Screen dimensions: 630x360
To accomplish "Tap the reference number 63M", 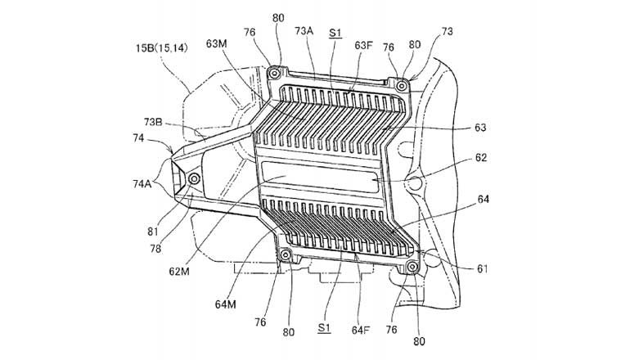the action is tap(217, 43).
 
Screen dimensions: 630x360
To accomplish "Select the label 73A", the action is tap(304, 31).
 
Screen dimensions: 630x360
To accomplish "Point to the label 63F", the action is tap(363, 45).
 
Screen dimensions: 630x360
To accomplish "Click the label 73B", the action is tap(153, 121).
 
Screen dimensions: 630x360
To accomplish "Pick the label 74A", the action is tap(142, 184).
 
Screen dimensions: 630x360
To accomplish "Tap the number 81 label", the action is tap(153, 232).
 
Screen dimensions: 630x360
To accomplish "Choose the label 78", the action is tap(155, 249).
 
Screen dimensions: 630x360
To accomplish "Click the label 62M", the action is tap(179, 272).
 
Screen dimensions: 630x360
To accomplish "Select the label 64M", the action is tap(225, 304).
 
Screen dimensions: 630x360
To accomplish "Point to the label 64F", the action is tap(361, 331).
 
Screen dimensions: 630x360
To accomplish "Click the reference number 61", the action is tap(482, 269).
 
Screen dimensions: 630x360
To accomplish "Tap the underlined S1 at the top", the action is tap(335, 33).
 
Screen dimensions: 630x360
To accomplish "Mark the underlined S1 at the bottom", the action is tap(324, 328).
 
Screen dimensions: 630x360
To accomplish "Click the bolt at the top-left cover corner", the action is tap(275, 74).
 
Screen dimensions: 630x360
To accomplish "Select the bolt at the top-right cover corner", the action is tap(402, 86).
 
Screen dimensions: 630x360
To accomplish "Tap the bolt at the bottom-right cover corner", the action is tap(412, 267).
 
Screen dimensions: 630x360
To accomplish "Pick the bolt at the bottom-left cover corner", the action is tap(286, 254).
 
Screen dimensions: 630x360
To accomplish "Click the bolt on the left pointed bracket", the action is tap(195, 178).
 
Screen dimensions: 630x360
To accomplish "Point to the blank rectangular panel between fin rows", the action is tap(320, 177).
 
